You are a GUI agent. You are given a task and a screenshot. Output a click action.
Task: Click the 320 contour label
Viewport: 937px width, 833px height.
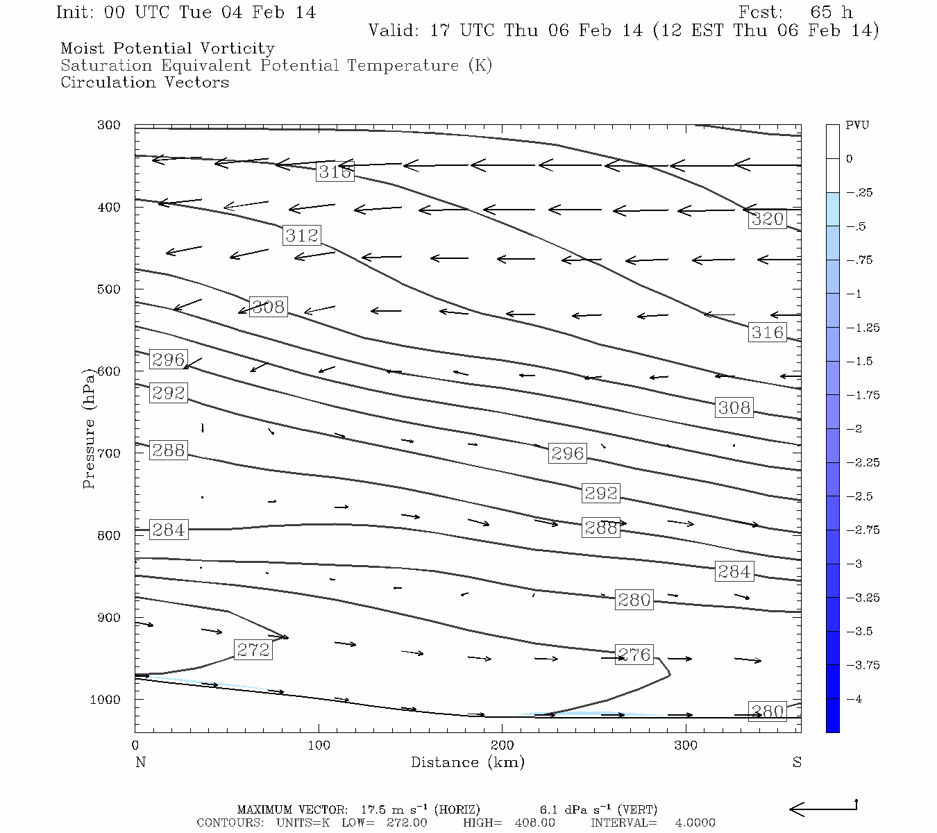click(x=767, y=219)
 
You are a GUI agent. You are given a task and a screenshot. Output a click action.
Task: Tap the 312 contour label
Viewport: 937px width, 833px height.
click(x=302, y=235)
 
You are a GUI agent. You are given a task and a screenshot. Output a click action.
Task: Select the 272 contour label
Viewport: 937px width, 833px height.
click(x=253, y=650)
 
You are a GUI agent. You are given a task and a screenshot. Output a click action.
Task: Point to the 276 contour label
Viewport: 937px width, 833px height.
click(x=634, y=655)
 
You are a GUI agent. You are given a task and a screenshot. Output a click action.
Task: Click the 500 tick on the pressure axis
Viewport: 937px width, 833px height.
click(x=108, y=289)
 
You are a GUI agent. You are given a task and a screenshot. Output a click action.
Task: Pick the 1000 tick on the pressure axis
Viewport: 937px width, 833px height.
click(x=105, y=700)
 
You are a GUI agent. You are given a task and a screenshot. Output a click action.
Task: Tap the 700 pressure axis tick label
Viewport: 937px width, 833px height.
click(x=108, y=453)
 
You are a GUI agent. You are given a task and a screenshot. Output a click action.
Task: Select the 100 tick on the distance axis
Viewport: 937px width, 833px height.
click(x=319, y=746)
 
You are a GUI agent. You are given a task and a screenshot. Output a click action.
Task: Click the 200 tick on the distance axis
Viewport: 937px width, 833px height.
click(x=502, y=746)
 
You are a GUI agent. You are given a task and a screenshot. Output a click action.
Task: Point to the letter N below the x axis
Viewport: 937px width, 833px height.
click(x=140, y=762)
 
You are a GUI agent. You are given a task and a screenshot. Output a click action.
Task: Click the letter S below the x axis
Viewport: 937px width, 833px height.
click(x=797, y=762)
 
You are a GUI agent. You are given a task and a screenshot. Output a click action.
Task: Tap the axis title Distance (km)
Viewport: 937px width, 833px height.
click(x=467, y=762)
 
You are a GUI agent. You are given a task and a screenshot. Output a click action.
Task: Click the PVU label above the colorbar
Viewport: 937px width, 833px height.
click(x=857, y=126)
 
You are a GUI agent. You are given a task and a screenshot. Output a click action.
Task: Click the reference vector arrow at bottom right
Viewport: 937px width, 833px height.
click(x=823, y=808)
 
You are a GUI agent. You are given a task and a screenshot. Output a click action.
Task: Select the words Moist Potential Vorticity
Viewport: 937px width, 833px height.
click(x=167, y=49)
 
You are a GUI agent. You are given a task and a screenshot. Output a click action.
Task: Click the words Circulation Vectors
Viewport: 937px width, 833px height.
click(x=144, y=83)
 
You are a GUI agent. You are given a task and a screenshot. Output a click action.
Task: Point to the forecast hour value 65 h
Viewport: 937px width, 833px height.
click(x=831, y=12)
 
